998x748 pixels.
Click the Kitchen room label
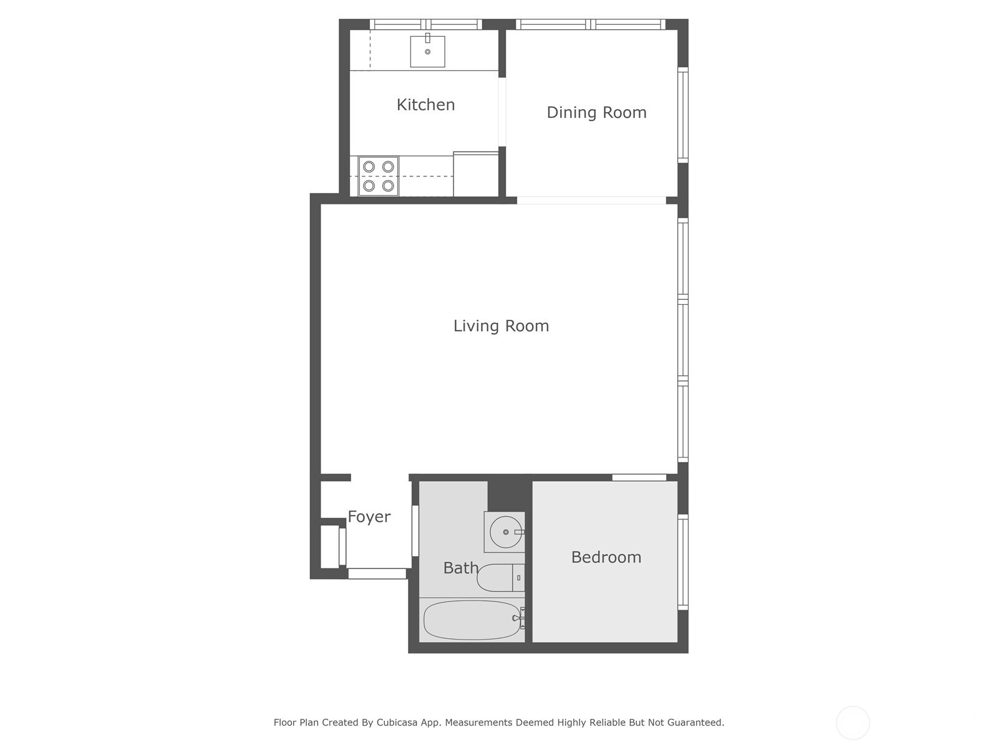pos(425,105)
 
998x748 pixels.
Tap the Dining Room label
pos(596,113)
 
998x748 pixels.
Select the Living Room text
pos(501,326)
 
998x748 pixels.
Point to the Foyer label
pos(369,517)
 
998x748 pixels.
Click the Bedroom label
pos(606,557)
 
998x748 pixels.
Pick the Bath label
pos(461,568)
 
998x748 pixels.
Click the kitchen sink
pos(427,51)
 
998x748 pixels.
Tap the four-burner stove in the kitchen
pos(379,176)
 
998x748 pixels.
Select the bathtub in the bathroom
pos(472,620)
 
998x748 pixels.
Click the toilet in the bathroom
pos(499,578)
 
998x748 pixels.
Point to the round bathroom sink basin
pos(505,532)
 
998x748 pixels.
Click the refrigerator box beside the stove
pos(475,175)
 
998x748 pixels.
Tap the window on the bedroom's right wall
pos(683,562)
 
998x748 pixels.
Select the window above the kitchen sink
pos(426,25)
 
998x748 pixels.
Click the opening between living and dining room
pos(591,200)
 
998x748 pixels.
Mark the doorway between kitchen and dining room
pos(502,112)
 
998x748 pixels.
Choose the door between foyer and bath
pos(415,530)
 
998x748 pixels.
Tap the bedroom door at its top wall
pos(639,477)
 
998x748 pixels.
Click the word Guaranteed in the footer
pos(695,722)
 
